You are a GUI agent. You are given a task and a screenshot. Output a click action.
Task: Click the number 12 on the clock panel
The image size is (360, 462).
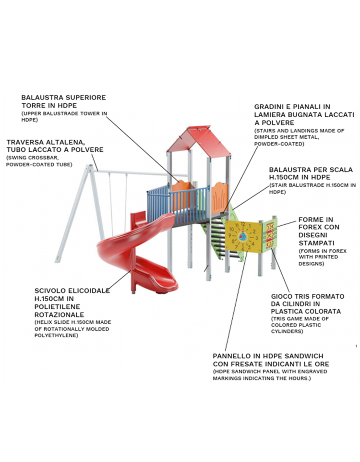pyautogui.click(x=242, y=224)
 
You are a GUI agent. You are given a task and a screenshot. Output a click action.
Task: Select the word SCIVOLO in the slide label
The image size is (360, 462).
pyautogui.click(x=48, y=291)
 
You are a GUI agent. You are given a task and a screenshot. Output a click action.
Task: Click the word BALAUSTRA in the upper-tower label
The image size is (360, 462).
pyautogui.click(x=42, y=97)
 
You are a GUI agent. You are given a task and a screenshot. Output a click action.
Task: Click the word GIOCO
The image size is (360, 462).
pyautogui.click(x=281, y=296)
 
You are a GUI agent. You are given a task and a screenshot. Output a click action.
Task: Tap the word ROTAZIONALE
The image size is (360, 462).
pyautogui.click(x=59, y=315)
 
